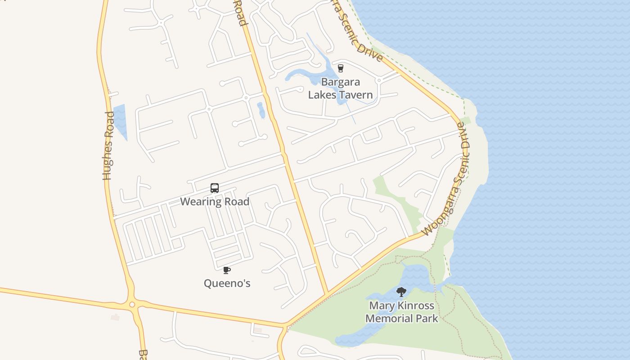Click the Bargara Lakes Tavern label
[x=340, y=89]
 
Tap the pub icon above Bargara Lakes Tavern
[x=340, y=68]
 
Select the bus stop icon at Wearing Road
[x=215, y=188]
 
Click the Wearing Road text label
[x=215, y=202]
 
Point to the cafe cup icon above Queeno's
[x=227, y=270]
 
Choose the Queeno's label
[x=227, y=283]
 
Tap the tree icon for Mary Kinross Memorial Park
[x=401, y=292]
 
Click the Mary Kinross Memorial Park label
[x=401, y=312]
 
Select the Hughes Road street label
[x=108, y=146]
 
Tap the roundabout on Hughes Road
[x=132, y=305]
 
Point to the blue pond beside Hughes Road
[x=120, y=121]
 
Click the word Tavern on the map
[x=356, y=95]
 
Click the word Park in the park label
[x=427, y=319]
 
